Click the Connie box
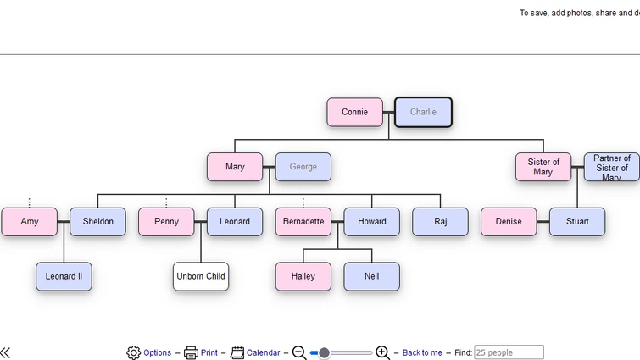(354, 112)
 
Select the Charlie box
(423, 112)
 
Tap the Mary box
(235, 167)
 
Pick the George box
(303, 167)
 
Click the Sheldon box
(97, 222)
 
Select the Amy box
(30, 222)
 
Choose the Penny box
(166, 222)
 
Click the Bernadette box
(303, 222)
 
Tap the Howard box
(371, 222)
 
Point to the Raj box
(440, 222)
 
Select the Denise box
(509, 222)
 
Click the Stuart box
(577, 222)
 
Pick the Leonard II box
(64, 276)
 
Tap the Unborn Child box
(201, 276)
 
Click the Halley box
(303, 276)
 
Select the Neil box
(371, 276)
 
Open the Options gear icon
(134, 352)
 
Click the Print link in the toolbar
(209, 352)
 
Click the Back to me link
(422, 352)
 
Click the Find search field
(509, 352)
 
